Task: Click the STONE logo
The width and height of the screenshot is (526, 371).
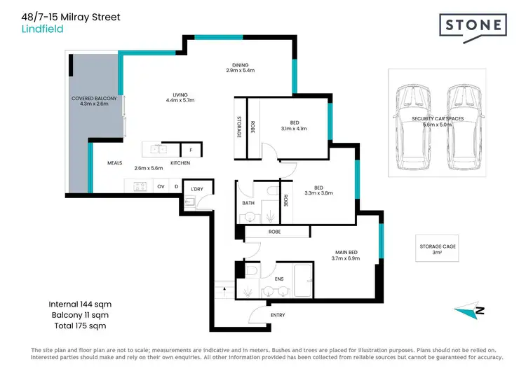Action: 474,27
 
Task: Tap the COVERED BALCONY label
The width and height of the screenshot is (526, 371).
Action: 93,99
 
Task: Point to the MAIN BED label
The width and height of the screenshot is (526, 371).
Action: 346,252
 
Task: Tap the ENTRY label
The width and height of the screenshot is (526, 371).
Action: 278,315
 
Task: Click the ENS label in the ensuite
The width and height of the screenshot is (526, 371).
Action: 278,278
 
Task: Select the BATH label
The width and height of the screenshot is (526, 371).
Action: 248,204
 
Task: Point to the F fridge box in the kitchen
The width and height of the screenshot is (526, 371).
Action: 191,150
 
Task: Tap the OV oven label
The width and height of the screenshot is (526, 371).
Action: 161,186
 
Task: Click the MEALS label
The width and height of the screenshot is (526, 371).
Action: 114,163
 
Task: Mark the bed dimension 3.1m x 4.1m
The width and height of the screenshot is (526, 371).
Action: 294,128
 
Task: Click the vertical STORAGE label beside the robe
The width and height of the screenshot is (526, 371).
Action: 239,125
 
